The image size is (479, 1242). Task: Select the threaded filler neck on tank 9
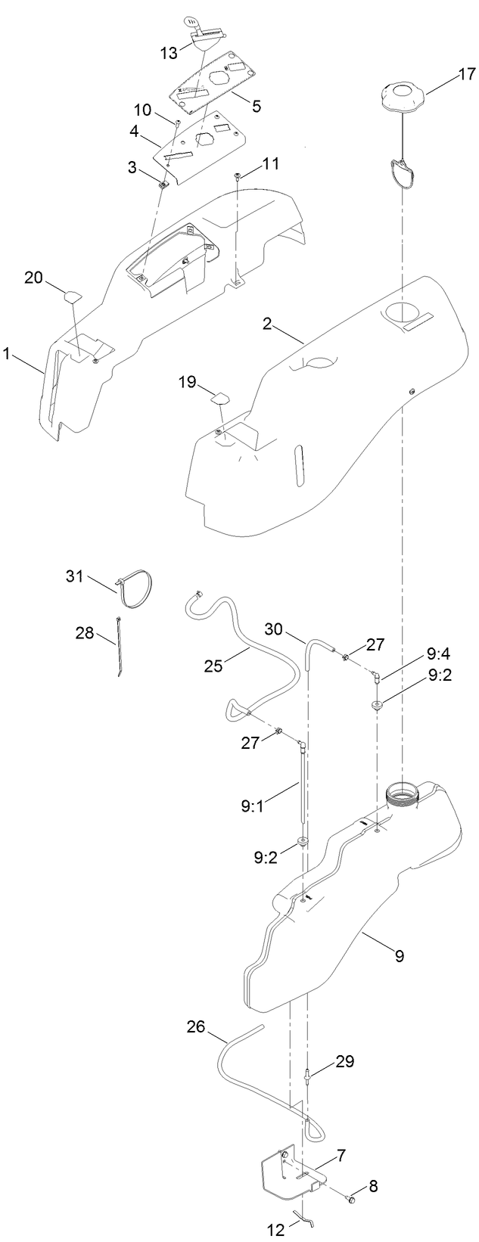click(x=402, y=793)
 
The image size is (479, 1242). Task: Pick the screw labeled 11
click(x=238, y=177)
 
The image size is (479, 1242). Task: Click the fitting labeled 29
click(x=309, y=1074)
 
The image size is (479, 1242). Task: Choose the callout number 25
click(x=215, y=665)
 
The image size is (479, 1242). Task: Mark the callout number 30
click(x=275, y=629)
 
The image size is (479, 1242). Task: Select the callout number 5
click(x=257, y=106)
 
